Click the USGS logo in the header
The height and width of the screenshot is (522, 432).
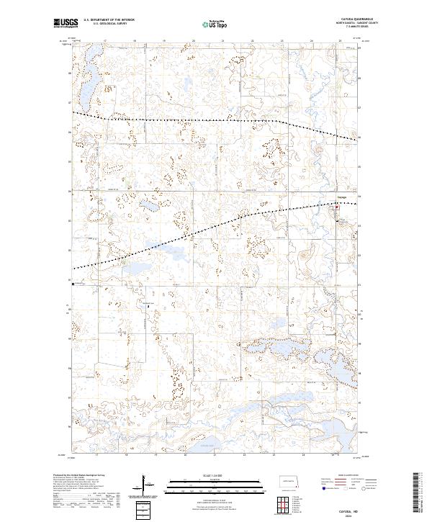65,23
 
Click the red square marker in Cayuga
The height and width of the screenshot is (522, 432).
336,206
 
